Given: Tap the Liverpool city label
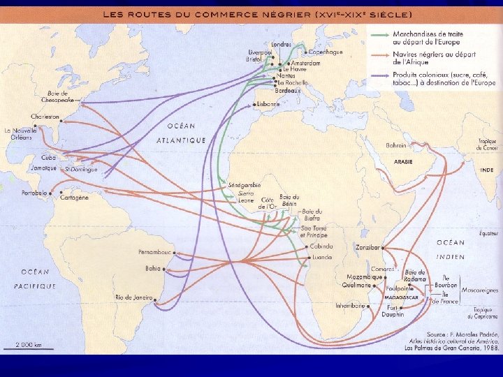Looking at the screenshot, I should [x=259, y=52].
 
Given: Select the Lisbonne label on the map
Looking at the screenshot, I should [x=268, y=104].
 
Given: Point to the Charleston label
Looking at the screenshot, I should [x=45, y=117].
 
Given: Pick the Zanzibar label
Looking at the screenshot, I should [x=367, y=247].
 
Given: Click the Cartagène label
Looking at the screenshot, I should [x=75, y=198].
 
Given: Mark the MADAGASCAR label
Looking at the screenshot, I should [x=401, y=297].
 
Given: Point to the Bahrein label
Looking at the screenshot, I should [x=395, y=146].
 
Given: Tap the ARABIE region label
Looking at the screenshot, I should [x=404, y=162].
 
